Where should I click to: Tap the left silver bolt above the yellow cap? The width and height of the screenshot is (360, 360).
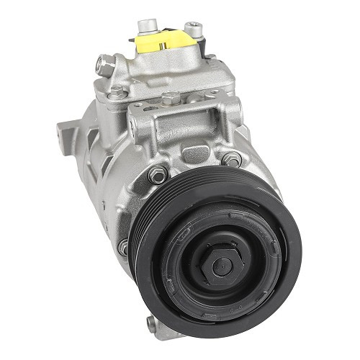[x=147, y=26]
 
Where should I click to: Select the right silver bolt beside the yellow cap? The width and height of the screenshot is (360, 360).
[x=193, y=30]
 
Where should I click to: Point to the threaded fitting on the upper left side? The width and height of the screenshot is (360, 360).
[x=105, y=66]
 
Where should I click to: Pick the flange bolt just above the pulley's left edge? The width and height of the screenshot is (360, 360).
[x=158, y=174]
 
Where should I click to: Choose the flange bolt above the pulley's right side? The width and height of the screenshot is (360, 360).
[x=232, y=160]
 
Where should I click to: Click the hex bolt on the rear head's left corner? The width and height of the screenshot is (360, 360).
[x=117, y=91]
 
